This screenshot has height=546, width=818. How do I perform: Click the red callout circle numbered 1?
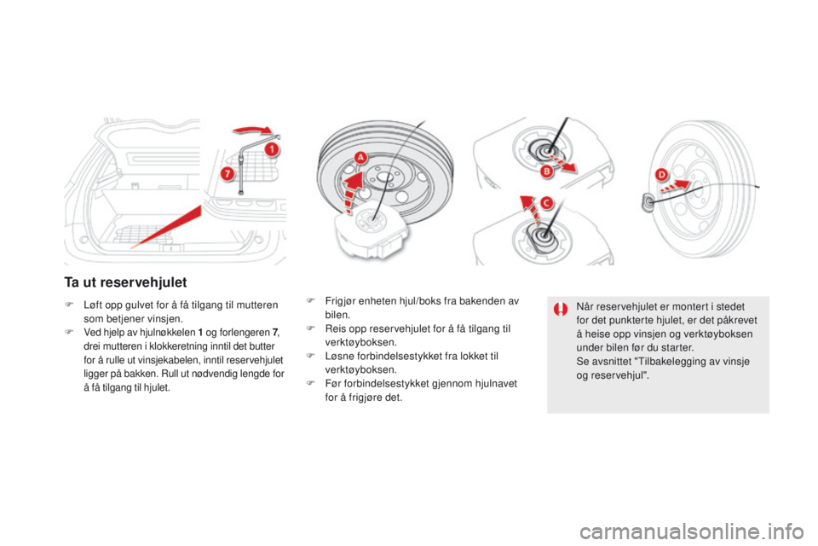(x=271, y=149)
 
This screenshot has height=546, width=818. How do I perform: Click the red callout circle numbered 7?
(x=227, y=173)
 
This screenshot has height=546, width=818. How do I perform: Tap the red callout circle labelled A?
(x=360, y=157)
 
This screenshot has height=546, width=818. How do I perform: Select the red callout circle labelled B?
(x=546, y=171)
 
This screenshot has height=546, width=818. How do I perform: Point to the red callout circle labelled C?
(x=546, y=203)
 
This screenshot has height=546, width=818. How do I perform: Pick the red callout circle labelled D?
(x=661, y=175)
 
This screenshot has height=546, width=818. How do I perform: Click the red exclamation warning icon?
(x=561, y=310)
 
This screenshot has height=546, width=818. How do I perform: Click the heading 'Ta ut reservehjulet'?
(x=125, y=282)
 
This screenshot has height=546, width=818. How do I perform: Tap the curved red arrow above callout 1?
(x=252, y=130)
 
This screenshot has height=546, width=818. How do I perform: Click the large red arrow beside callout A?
(x=353, y=191)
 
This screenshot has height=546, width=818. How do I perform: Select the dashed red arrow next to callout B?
(x=563, y=162)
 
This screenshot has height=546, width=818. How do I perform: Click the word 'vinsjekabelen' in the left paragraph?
(x=168, y=360)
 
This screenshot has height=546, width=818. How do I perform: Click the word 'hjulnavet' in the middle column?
(x=496, y=384)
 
